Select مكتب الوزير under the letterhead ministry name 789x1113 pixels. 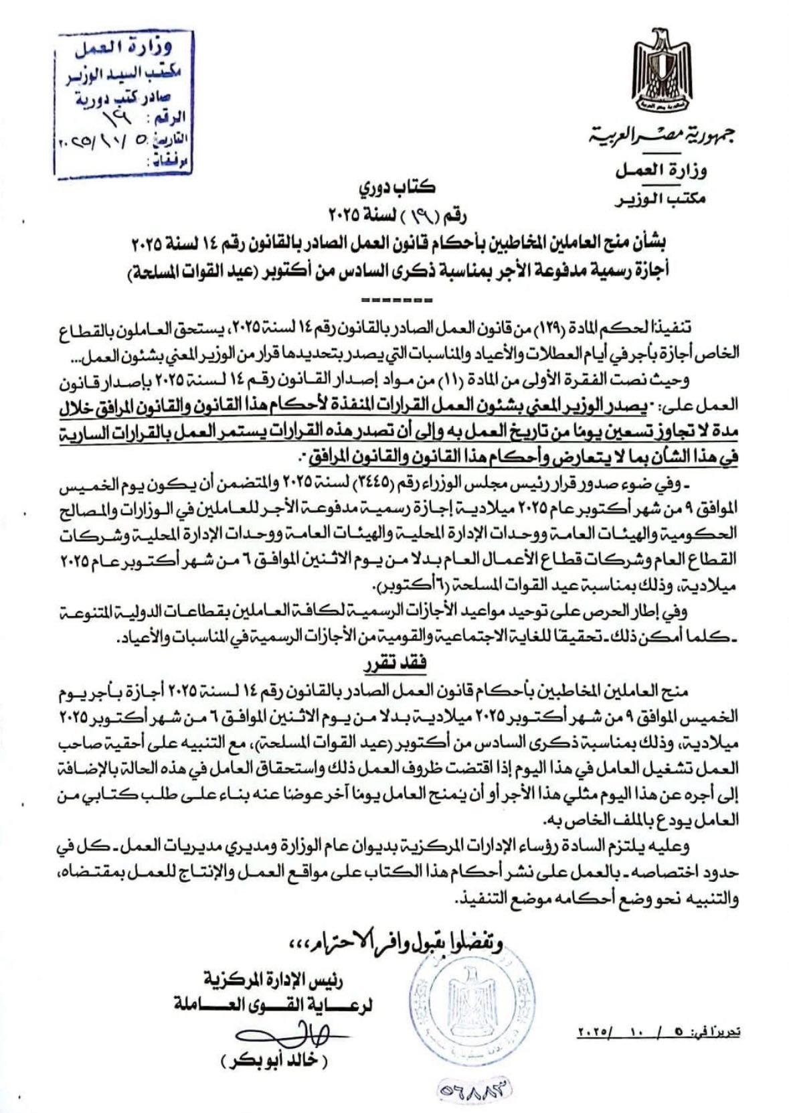click(659, 198)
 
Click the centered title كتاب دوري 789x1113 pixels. click(394, 190)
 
